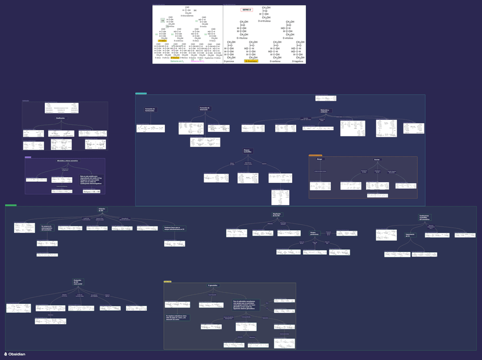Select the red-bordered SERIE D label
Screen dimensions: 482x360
246,10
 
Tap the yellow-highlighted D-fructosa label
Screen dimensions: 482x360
251,61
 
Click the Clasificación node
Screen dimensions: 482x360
60,118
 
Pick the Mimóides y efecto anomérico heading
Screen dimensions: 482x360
64,162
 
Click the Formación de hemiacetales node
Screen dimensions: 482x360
150,109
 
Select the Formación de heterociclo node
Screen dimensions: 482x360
205,108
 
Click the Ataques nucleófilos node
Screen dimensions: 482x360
247,151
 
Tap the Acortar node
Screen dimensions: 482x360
377,160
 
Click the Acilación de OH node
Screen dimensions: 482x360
102,210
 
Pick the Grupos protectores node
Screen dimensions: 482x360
314,233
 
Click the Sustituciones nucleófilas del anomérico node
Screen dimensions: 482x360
424,217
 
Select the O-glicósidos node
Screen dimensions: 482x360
213,285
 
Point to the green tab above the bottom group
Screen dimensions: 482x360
11,205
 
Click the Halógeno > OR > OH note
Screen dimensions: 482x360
91,191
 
